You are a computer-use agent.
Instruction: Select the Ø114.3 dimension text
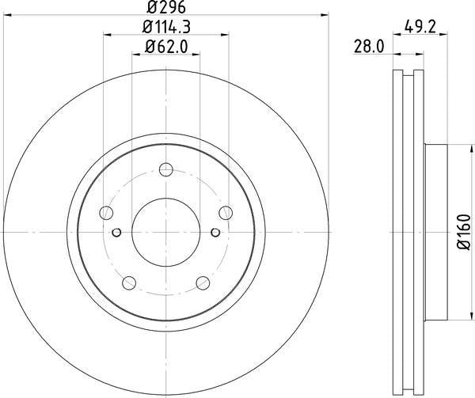coord(165,28)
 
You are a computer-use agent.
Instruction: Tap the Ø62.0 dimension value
coord(165,48)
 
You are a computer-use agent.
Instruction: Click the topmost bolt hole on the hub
coord(165,169)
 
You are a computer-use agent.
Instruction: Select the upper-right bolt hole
coord(226,212)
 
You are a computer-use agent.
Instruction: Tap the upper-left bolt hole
coord(105,212)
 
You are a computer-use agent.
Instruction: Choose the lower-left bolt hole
coord(128,282)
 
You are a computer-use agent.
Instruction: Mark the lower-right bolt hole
coord(203,282)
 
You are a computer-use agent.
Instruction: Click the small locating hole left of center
coord(117,232)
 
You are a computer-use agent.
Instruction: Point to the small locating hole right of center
coord(214,232)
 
